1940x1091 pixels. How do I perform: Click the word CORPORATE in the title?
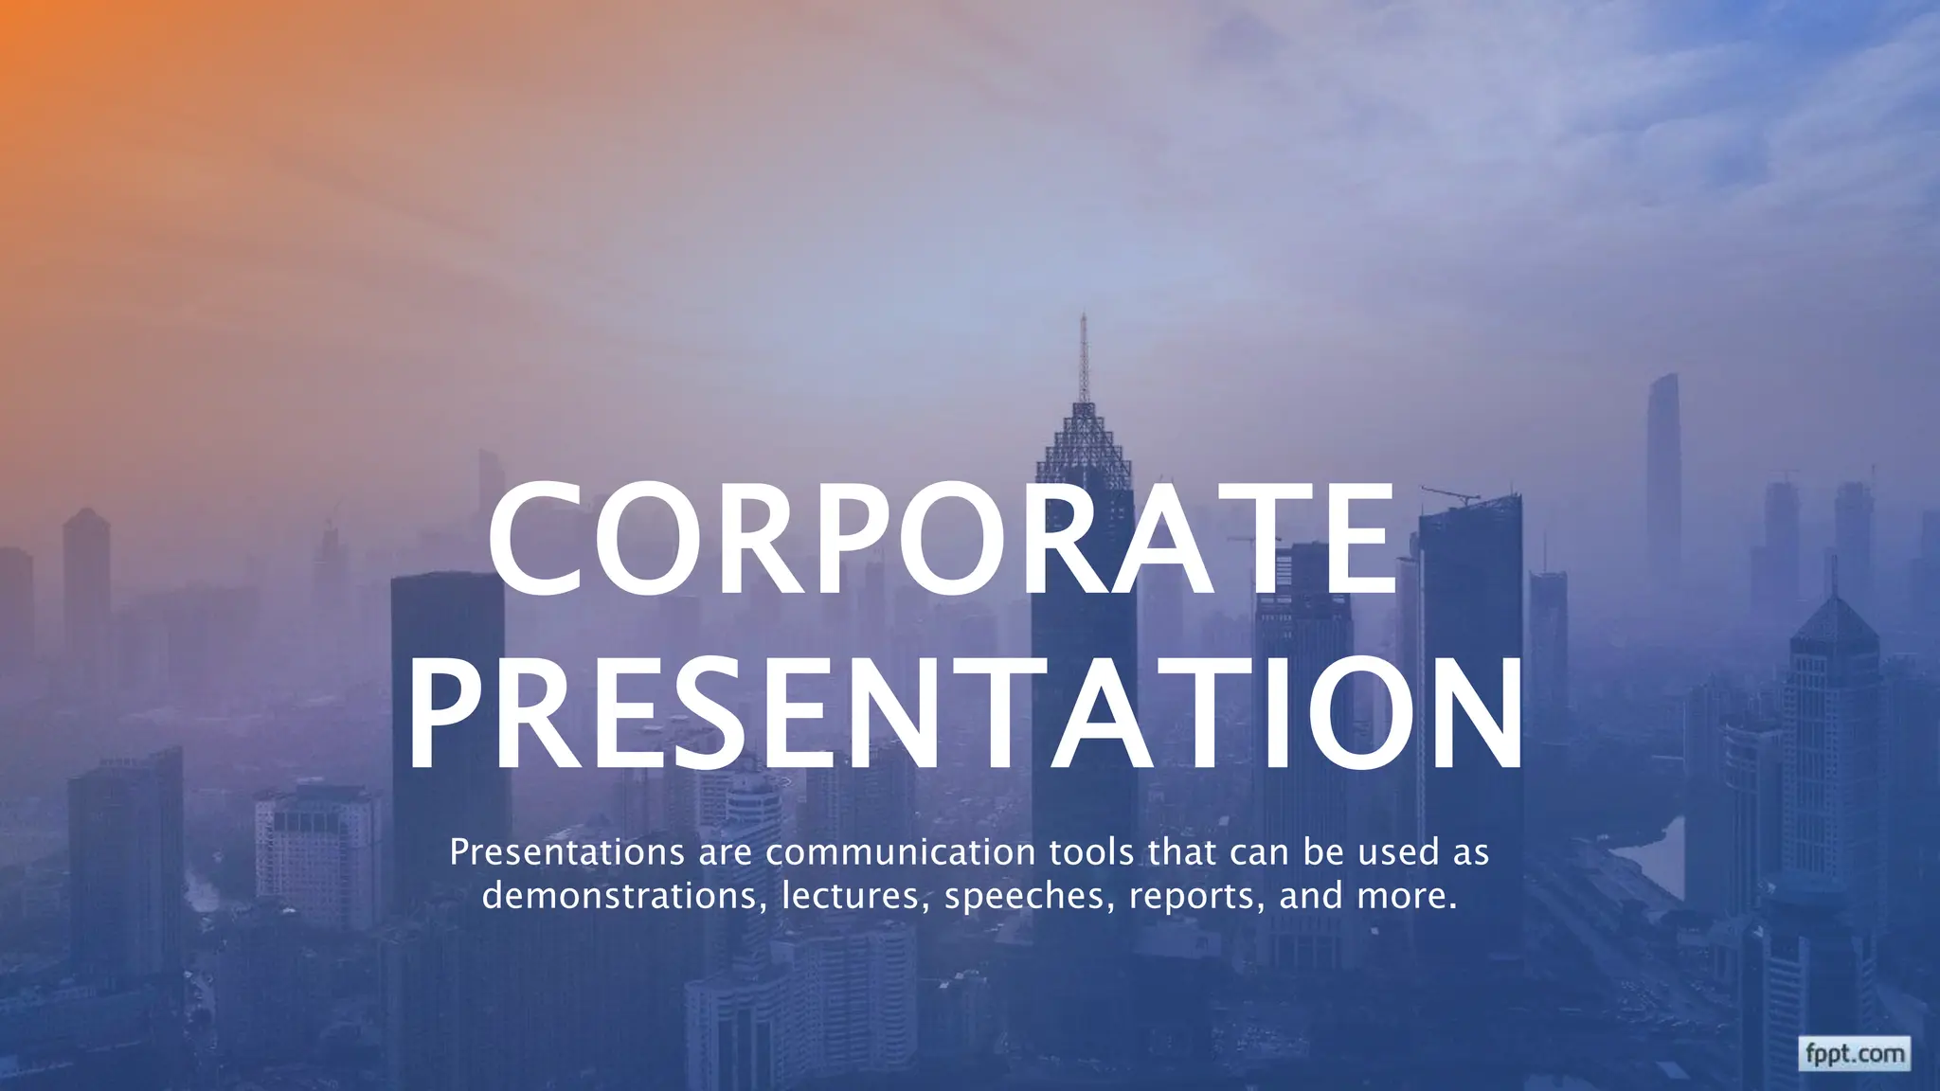943,540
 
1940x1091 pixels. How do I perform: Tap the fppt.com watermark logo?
1854,1053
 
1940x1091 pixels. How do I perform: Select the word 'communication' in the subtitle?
900,852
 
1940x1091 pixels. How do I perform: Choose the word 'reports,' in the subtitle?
1196,896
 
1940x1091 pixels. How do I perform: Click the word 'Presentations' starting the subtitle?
566,852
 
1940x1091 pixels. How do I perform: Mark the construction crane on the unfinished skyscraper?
1449,493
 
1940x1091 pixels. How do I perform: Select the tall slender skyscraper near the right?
1663,474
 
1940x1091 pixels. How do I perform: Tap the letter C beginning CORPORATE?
535,540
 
